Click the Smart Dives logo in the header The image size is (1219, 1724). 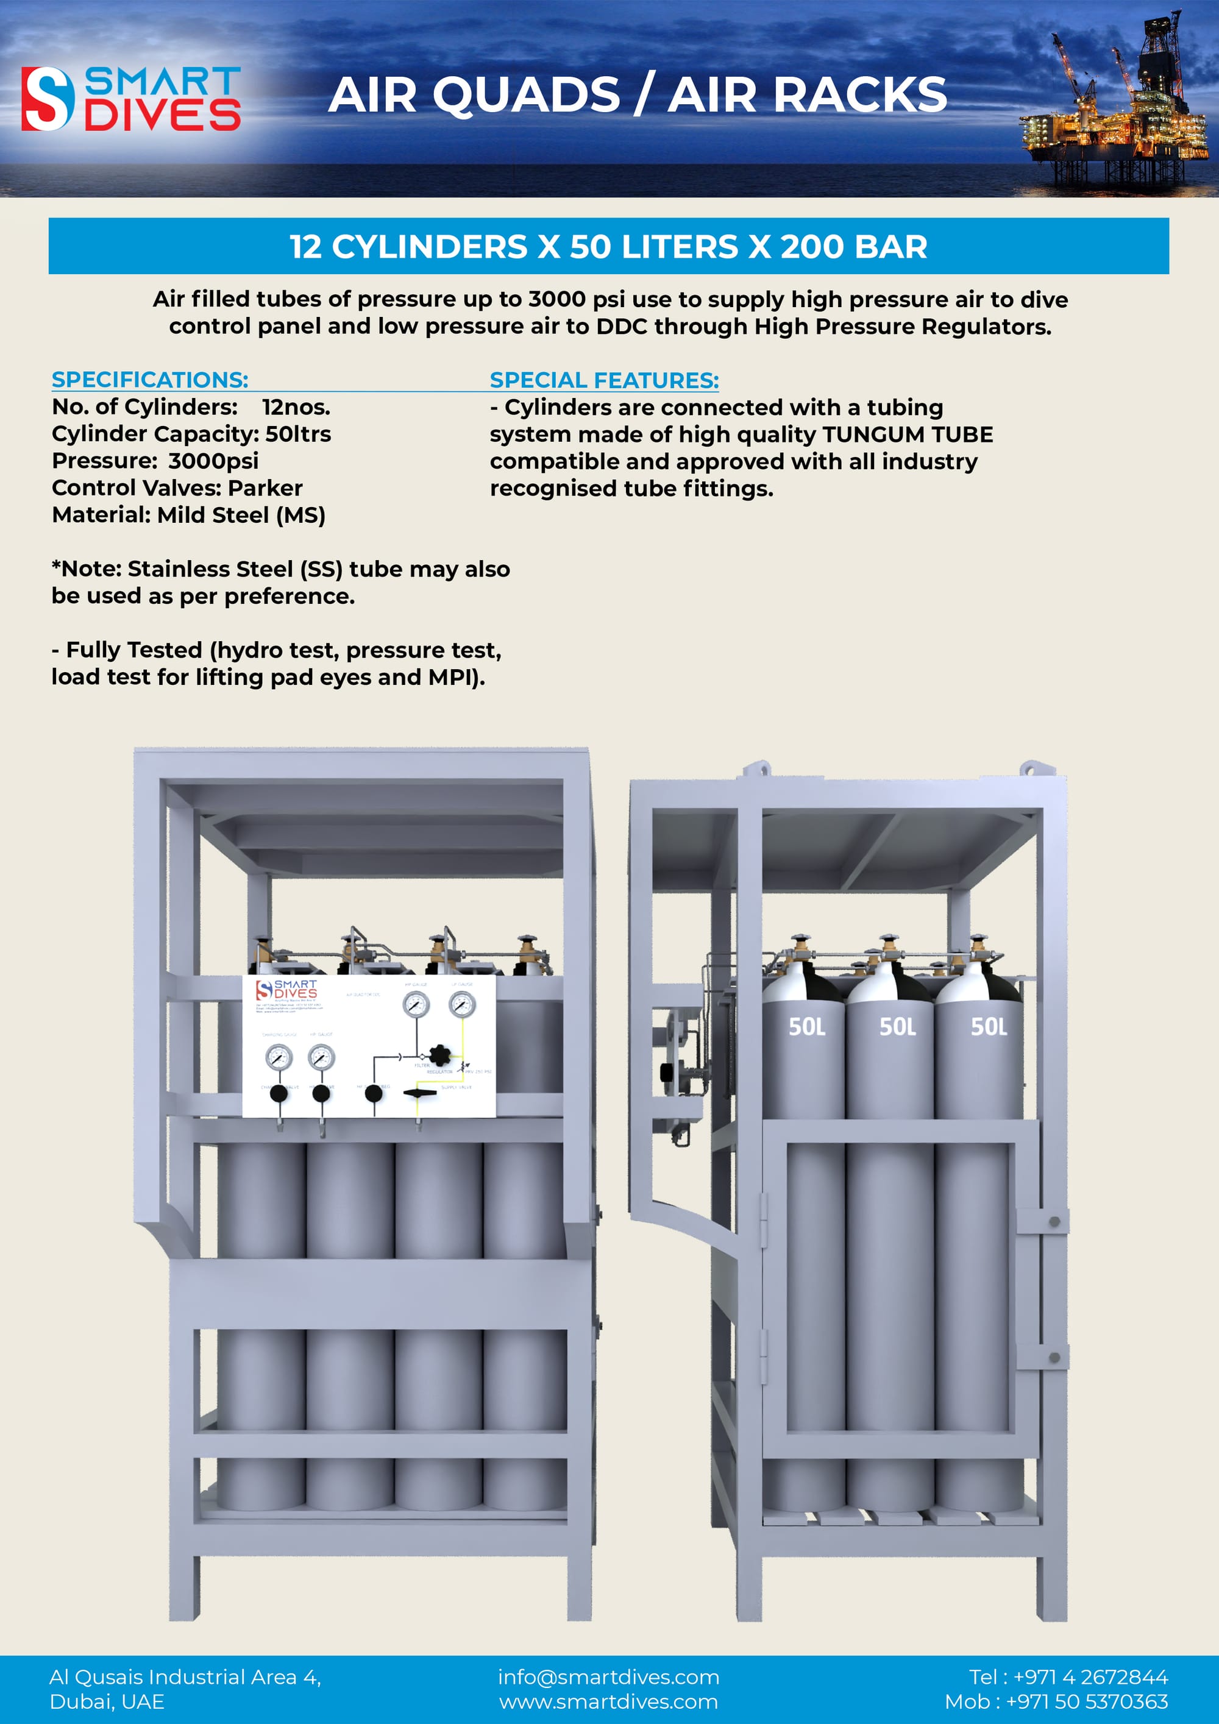(130, 98)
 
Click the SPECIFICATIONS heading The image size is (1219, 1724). (149, 379)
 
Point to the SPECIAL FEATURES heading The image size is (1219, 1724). (604, 380)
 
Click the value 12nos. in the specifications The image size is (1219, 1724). (296, 407)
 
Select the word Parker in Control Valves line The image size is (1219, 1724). (265, 488)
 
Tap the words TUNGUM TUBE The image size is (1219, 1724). (908, 434)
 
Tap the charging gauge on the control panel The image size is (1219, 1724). (279, 1057)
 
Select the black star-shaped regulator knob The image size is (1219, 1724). (439, 1054)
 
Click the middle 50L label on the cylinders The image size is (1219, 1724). (898, 1026)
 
